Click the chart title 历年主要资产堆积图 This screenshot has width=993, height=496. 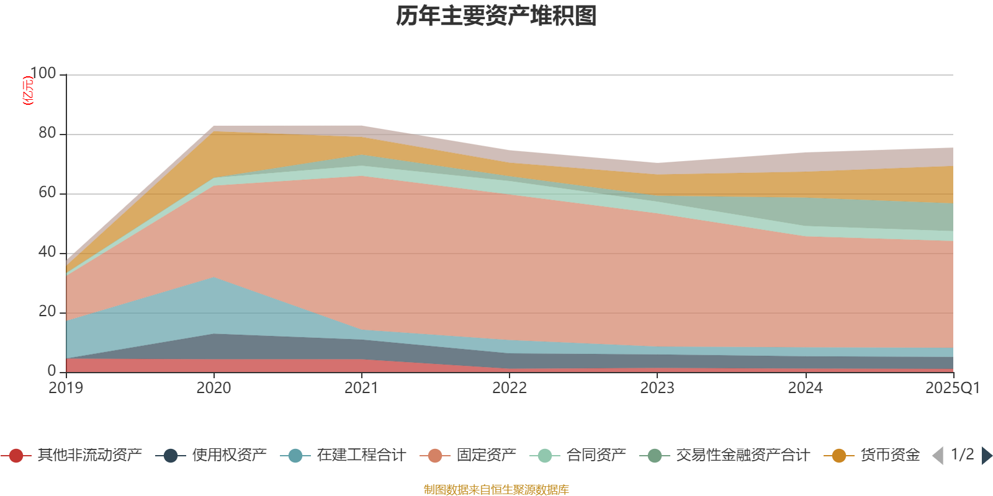point(496,16)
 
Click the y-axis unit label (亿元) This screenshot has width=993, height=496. point(27,91)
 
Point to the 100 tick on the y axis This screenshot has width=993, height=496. point(43,74)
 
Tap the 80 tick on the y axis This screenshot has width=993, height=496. point(47,133)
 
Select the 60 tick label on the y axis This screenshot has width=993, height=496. point(47,193)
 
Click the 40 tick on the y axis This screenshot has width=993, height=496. point(47,252)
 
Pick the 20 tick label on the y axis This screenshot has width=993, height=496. point(47,312)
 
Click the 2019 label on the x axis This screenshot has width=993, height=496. point(66,388)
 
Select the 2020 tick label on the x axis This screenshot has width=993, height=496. point(213,388)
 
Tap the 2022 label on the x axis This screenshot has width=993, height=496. point(510,388)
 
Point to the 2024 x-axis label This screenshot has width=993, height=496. point(805,388)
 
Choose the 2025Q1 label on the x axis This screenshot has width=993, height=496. point(952,388)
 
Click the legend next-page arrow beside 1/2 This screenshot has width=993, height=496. point(986,456)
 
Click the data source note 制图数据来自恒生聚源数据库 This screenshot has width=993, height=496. point(496,490)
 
